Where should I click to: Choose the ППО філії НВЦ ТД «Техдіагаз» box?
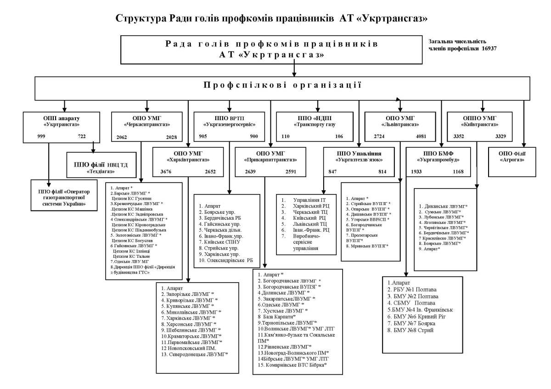click(101, 166)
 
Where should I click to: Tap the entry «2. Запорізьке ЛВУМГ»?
click(188, 294)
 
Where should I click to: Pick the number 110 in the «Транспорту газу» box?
click(286, 137)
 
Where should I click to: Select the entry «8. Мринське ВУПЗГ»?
click(367, 246)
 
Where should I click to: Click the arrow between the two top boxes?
click(294, 70)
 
